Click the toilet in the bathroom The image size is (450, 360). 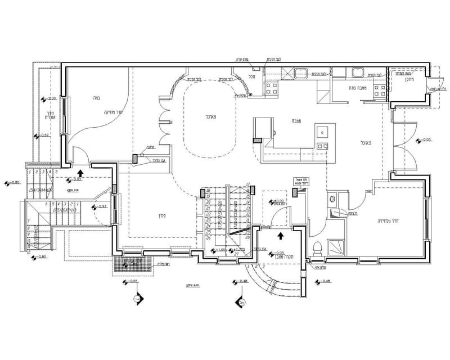click(x=317, y=247)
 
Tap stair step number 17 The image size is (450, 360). click(x=247, y=185)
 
